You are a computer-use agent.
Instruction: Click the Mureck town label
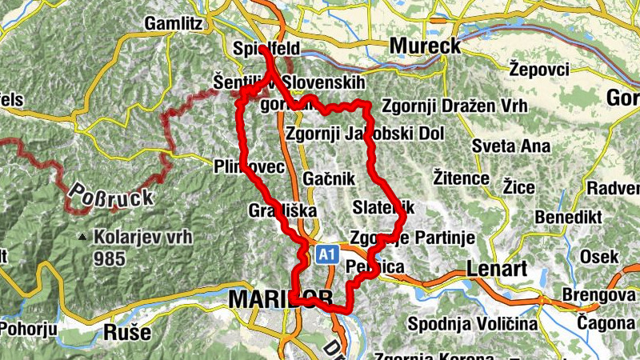425,46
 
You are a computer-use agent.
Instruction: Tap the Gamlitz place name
173,24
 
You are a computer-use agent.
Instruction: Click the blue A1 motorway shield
325,254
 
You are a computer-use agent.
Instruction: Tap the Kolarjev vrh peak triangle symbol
83,237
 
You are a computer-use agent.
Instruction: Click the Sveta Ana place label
510,146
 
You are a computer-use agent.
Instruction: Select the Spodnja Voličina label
471,324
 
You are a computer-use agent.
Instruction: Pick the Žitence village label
460,176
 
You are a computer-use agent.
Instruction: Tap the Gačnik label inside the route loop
329,179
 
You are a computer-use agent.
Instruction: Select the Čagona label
607,323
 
